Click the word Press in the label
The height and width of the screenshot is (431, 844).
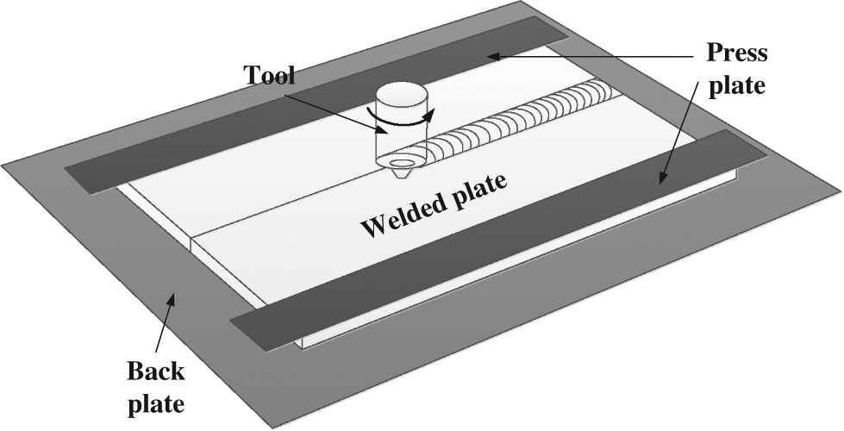click(736, 53)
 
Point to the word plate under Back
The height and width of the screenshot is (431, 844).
click(155, 403)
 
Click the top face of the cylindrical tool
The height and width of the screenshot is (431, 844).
click(402, 91)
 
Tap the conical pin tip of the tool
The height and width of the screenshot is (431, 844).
click(402, 173)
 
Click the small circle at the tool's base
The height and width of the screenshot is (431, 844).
click(402, 161)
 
